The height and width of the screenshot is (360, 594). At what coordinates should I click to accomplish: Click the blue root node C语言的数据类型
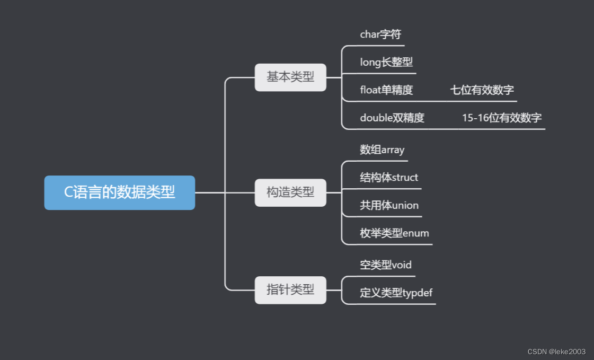click(x=119, y=192)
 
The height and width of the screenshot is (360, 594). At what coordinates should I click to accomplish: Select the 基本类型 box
click(x=290, y=77)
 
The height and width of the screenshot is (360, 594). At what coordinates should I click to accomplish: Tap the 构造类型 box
click(x=290, y=192)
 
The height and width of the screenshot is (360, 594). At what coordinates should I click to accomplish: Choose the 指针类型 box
click(x=290, y=290)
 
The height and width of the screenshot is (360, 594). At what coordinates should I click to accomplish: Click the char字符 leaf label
click(x=380, y=34)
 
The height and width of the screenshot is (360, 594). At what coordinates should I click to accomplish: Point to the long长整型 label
click(x=386, y=63)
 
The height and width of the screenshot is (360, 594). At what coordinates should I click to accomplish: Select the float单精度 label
click(x=386, y=90)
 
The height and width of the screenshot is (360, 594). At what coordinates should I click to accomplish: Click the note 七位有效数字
click(x=482, y=90)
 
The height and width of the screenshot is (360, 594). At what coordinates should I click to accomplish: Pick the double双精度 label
click(x=392, y=118)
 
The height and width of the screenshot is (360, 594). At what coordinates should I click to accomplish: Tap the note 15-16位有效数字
click(x=502, y=118)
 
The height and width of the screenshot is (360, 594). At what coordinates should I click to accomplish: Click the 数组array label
click(x=382, y=150)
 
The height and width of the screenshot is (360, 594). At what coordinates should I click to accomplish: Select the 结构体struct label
click(x=389, y=178)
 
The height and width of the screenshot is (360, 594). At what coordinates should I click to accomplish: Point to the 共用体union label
click(x=389, y=205)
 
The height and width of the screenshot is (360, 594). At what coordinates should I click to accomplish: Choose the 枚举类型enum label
click(x=394, y=233)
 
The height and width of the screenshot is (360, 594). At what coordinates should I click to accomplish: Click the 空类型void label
click(x=386, y=265)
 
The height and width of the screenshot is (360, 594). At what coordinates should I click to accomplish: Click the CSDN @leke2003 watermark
click(x=556, y=352)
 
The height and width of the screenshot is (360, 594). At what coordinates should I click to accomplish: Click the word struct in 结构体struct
click(x=405, y=178)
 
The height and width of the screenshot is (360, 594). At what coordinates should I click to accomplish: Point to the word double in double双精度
click(x=376, y=118)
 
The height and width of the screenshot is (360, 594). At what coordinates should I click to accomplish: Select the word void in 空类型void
click(x=402, y=265)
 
